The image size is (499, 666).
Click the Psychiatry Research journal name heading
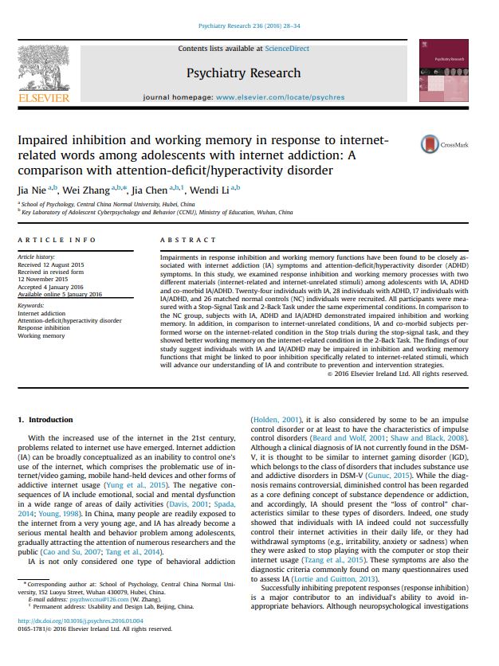[x=243, y=73]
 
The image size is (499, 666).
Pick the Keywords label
[x=30, y=305]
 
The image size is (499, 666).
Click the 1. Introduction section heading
[x=50, y=419]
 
